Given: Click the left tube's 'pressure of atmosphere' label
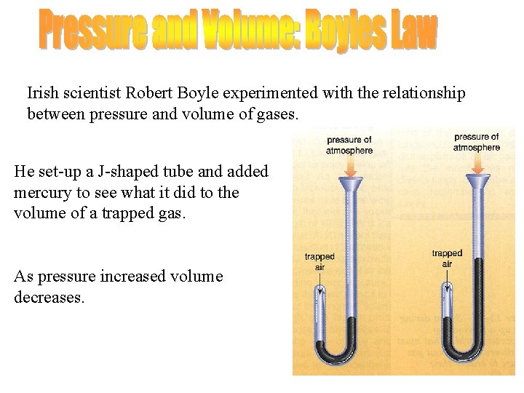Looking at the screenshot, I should tap(349, 145).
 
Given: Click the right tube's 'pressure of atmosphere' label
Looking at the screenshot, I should tap(477, 142).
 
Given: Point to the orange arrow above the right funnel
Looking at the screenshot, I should tap(477, 164).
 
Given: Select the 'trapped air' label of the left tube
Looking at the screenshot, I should tap(319, 261).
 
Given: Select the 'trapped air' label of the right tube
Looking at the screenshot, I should tap(447, 258).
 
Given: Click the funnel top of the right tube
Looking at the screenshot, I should tap(477, 180).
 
